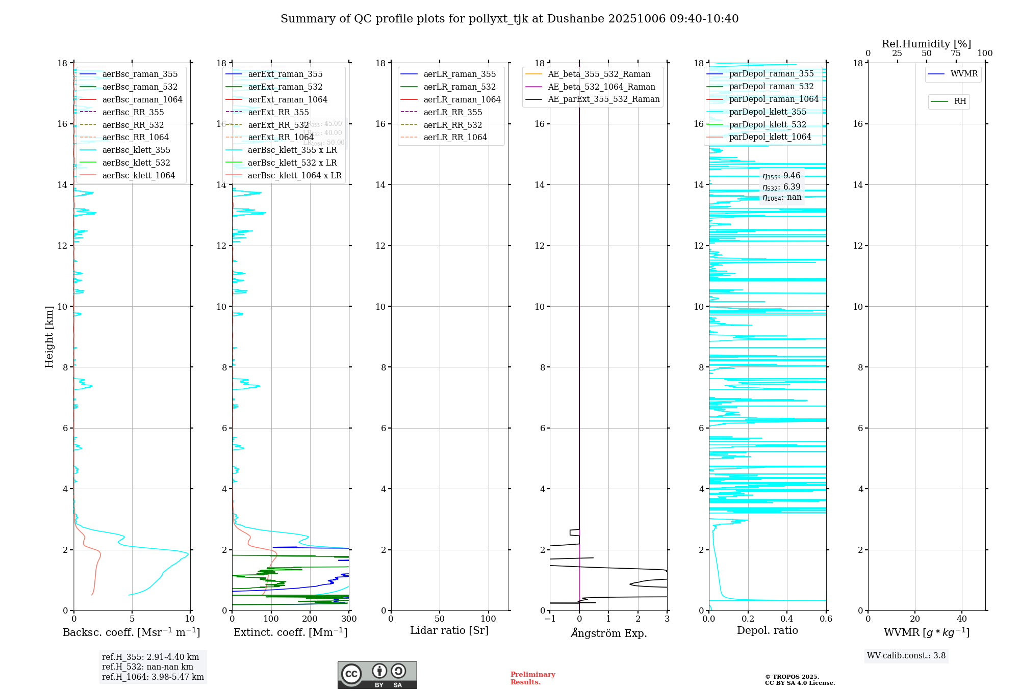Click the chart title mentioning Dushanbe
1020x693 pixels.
pyautogui.click(x=509, y=19)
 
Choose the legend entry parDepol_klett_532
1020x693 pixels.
pyautogui.click(x=768, y=124)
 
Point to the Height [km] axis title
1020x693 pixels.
pyautogui.click(x=49, y=336)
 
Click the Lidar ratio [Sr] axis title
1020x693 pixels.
pyautogui.click(x=449, y=630)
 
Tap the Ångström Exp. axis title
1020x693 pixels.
pyautogui.click(x=608, y=633)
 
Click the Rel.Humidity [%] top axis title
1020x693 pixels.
pyautogui.click(x=926, y=44)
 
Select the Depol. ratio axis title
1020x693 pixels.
pyautogui.click(x=767, y=630)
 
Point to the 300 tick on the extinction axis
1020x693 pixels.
pyautogui.click(x=349, y=619)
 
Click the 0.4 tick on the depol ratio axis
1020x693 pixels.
pyautogui.click(x=787, y=619)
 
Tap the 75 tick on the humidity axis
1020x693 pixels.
pyautogui.click(x=956, y=54)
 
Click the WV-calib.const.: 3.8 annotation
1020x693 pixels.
pyautogui.click(x=906, y=656)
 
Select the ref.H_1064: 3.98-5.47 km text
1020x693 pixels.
pyautogui.click(x=153, y=677)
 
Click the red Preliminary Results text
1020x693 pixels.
pyautogui.click(x=532, y=678)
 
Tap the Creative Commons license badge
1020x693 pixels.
pyautogui.click(x=377, y=675)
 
